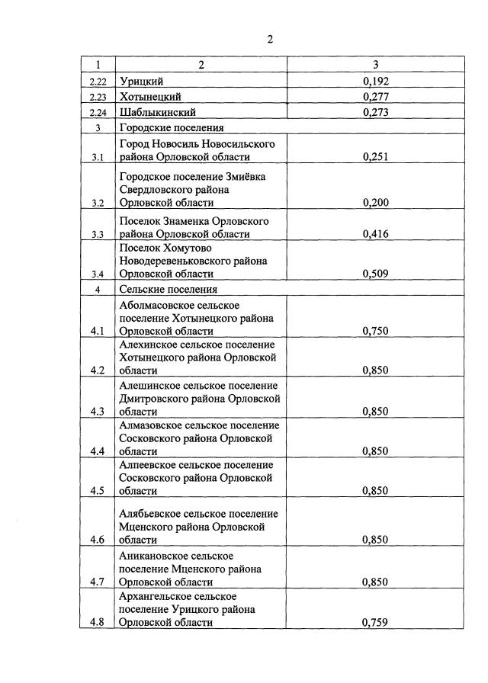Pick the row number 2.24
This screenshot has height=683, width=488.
(98, 113)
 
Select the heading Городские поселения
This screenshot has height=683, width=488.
(169, 127)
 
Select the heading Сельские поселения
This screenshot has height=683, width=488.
(168, 290)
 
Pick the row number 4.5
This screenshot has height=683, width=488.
(98, 490)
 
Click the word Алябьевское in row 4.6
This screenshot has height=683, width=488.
(152, 513)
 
